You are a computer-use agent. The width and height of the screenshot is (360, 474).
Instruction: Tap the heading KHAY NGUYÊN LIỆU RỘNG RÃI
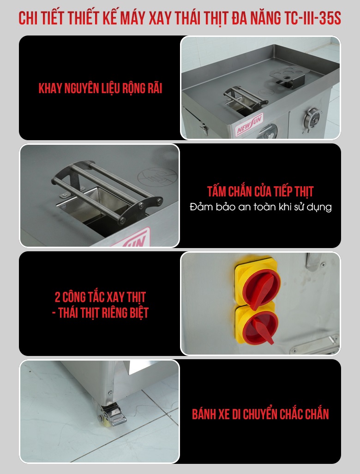coord(100,89)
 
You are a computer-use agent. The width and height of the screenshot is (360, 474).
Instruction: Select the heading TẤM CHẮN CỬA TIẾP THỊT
coord(260,191)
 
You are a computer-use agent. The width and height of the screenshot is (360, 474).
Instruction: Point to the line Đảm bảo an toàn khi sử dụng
coord(260,207)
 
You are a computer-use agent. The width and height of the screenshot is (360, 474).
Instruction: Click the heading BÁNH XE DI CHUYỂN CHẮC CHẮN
coord(260,414)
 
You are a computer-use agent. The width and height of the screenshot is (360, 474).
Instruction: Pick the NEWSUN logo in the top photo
coord(250,125)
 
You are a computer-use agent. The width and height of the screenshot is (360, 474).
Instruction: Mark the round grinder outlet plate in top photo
coord(313,120)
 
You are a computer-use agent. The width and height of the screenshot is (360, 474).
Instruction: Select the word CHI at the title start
coord(29,18)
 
